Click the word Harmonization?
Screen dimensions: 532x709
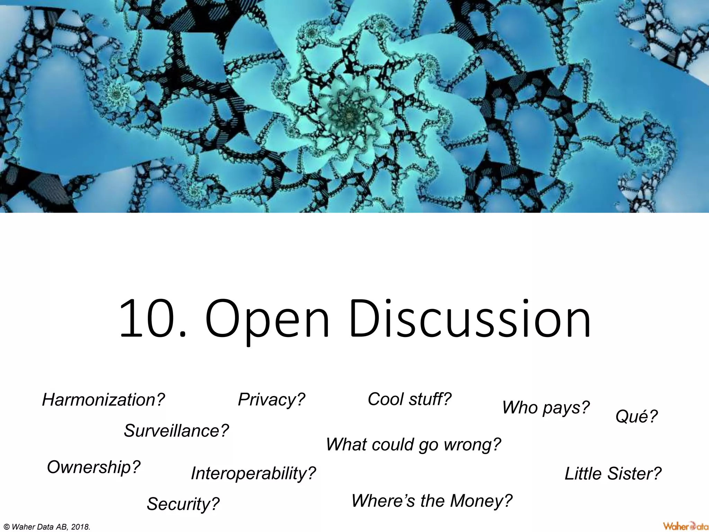coord(103,400)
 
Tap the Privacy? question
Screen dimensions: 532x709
coord(271,399)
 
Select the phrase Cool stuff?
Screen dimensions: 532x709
coord(410,399)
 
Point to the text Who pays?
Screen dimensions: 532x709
coord(546,407)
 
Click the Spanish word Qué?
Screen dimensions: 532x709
coord(636,416)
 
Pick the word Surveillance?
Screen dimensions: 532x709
coord(176,431)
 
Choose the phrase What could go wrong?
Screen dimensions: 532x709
coord(413,444)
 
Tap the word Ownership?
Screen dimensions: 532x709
coord(93,467)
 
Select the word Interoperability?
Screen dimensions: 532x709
coord(253,473)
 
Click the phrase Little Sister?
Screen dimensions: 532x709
coord(613,473)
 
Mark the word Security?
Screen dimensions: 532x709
coord(183,504)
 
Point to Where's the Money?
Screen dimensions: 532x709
coord(432,500)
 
